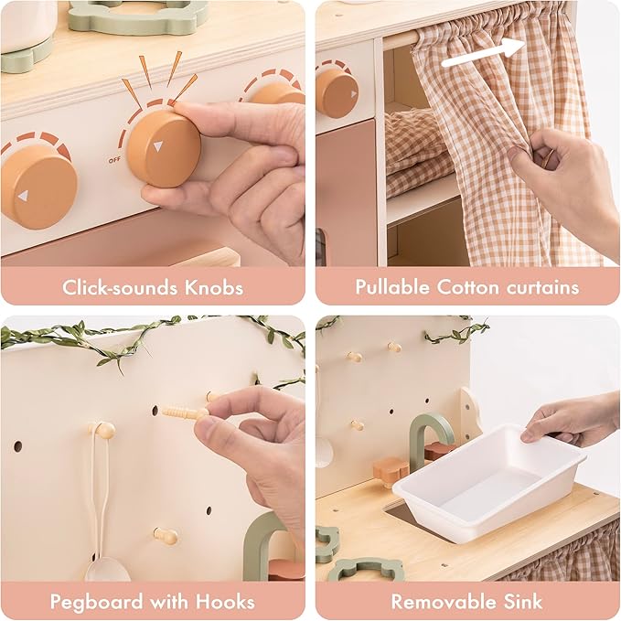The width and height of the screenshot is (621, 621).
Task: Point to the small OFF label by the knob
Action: [x=114, y=160]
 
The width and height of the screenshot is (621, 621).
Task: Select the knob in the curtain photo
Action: [x=337, y=92]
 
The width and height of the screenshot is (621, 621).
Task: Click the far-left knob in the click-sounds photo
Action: [x=37, y=187]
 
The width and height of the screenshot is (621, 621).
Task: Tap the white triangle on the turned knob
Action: [x=158, y=146]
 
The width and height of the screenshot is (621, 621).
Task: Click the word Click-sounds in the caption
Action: [x=117, y=288]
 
